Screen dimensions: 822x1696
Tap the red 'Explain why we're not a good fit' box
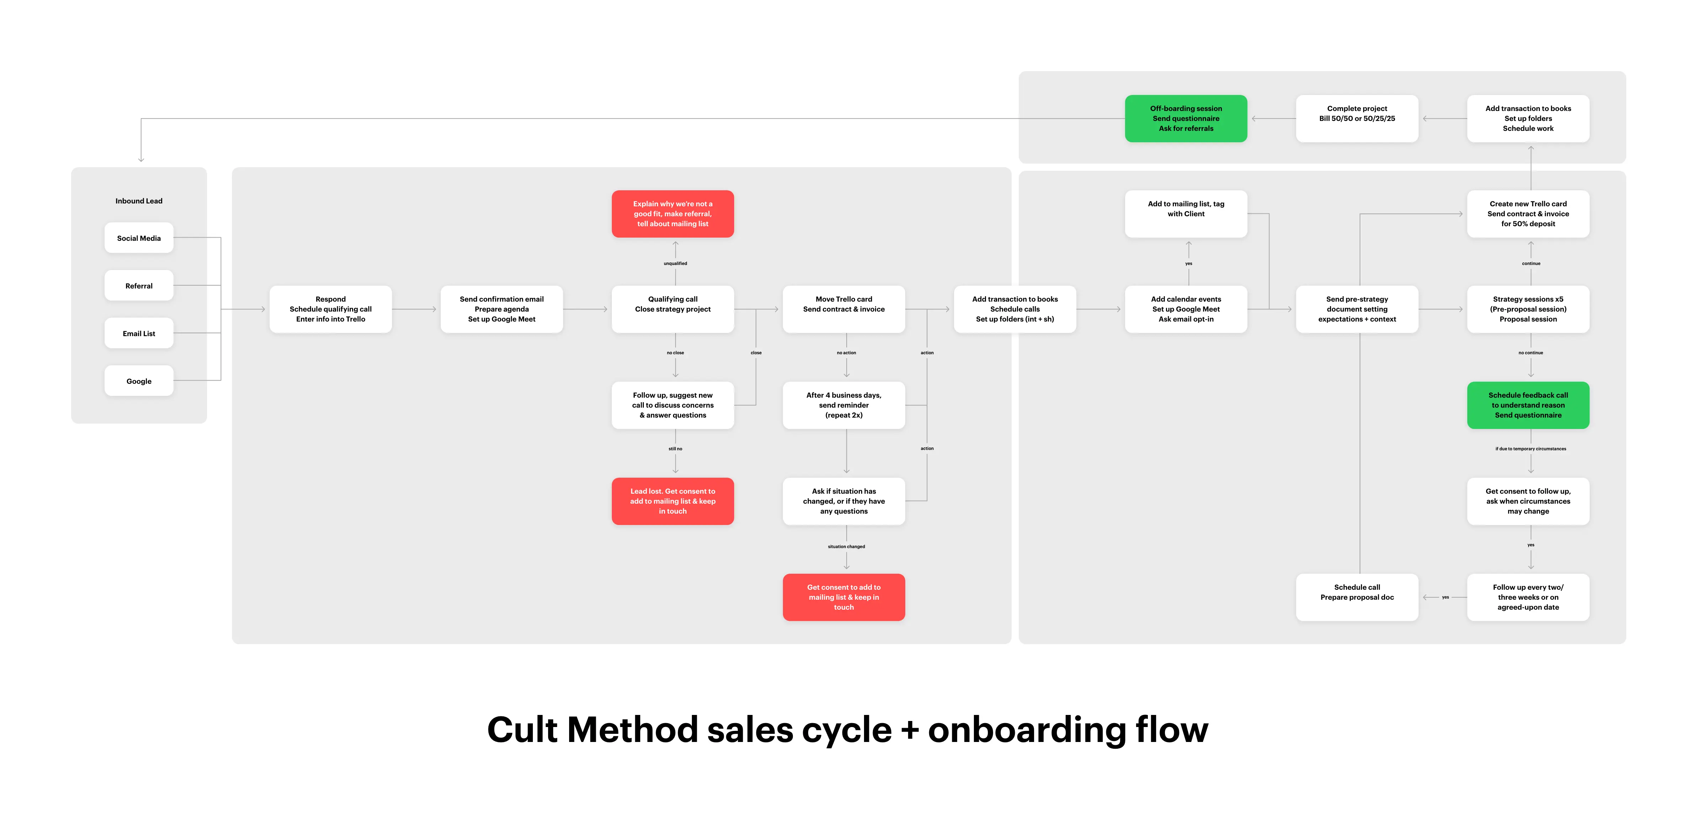click(672, 214)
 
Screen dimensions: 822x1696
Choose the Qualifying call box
click(672, 309)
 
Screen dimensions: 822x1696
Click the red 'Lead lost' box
click(672, 501)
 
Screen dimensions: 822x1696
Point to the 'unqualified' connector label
click(675, 263)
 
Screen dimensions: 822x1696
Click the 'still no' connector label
click(675, 449)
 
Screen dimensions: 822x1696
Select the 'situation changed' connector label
click(846, 546)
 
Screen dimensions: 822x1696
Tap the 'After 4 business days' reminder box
click(843, 405)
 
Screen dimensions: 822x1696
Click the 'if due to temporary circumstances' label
click(1530, 449)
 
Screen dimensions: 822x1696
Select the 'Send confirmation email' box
click(501, 309)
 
